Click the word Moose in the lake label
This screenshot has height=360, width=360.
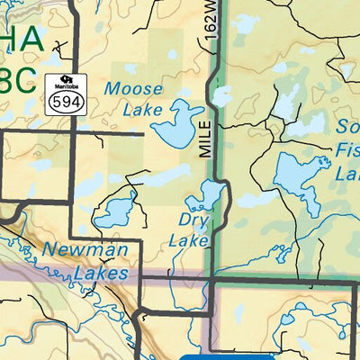133,89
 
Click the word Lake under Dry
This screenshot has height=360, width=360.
188,240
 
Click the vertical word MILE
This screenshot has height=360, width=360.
206,139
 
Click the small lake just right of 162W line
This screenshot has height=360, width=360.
221,96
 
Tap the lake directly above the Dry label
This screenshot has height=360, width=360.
206,196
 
